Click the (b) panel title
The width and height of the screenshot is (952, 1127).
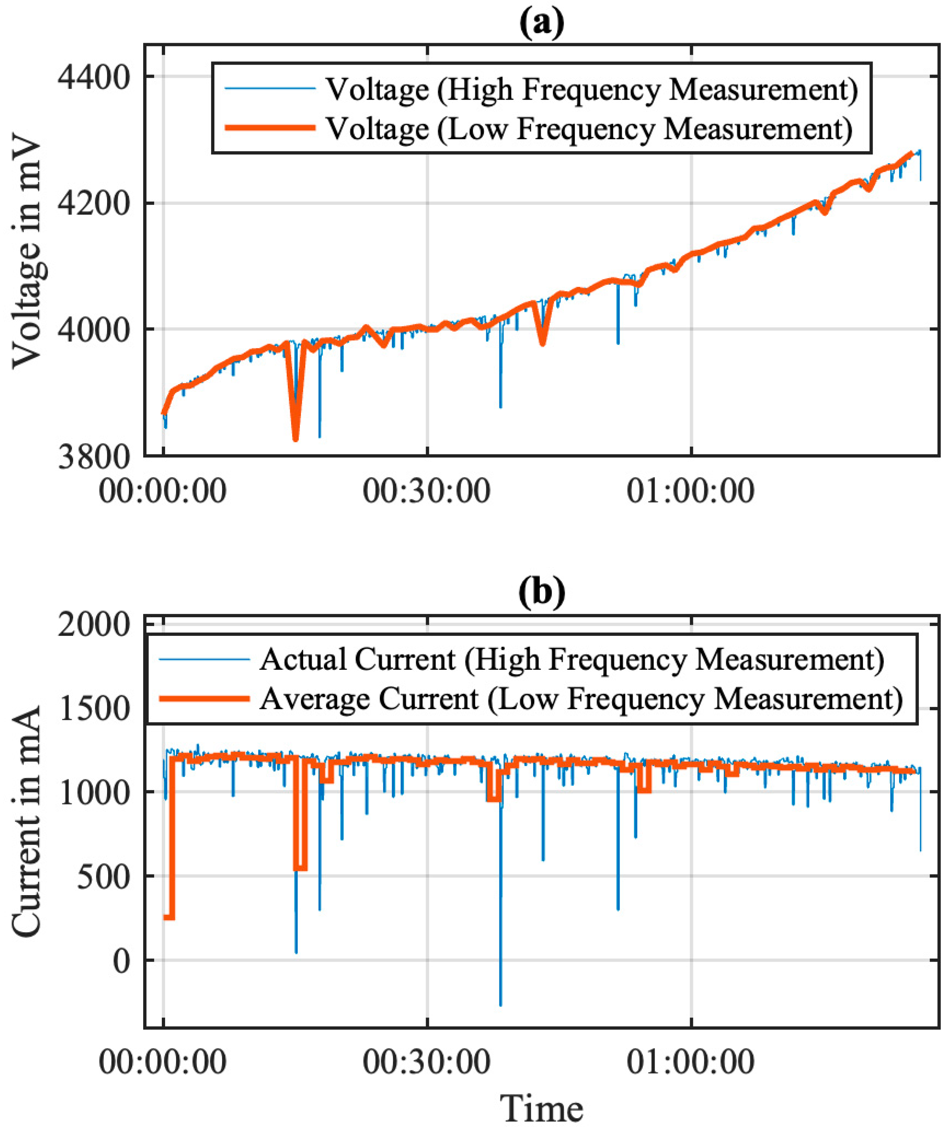pyautogui.click(x=541, y=592)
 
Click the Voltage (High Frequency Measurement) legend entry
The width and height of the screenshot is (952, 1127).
pyautogui.click(x=591, y=89)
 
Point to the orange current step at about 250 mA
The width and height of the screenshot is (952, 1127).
pyautogui.click(x=169, y=917)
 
